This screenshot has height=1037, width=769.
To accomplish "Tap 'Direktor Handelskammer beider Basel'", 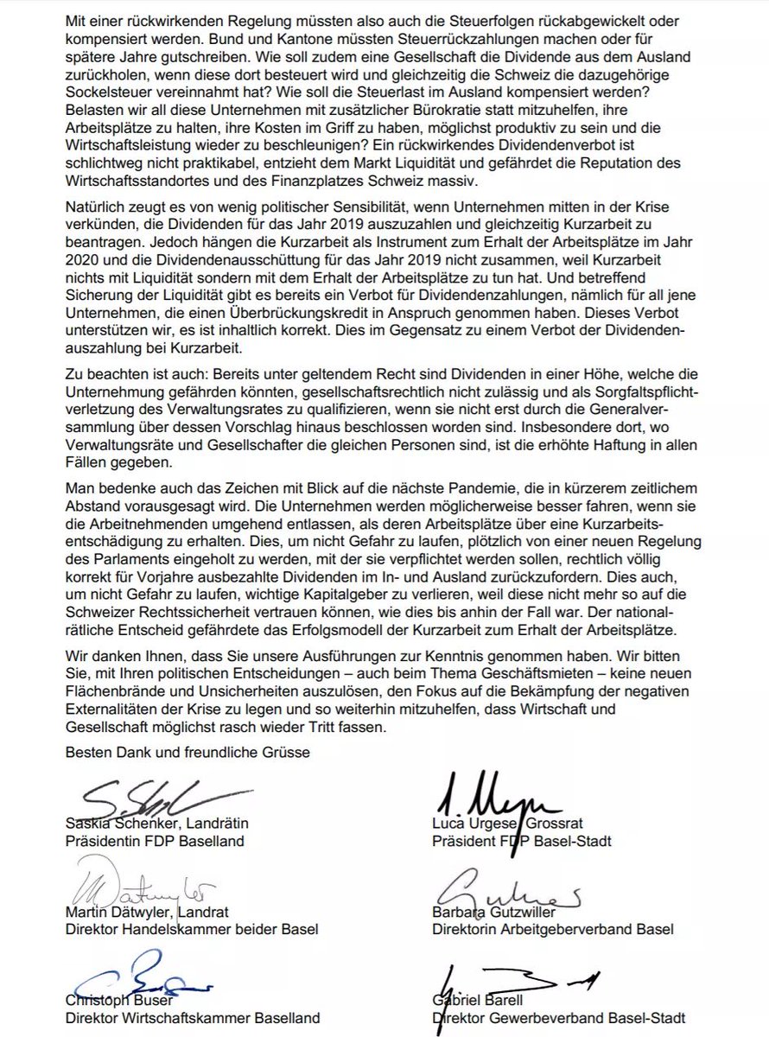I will click(192, 930).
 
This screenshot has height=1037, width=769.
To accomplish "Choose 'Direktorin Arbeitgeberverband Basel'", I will click(553, 930).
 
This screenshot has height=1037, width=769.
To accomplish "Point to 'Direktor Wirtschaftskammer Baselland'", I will click(193, 1018).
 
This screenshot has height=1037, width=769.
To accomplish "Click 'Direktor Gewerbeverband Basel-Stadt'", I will click(553, 1018).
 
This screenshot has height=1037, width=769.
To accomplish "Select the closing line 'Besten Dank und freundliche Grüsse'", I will click(187, 751).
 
